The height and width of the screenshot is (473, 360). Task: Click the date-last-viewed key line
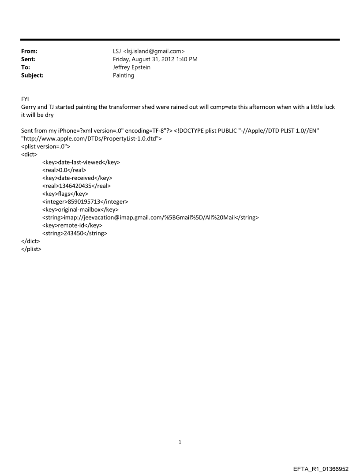[81, 162]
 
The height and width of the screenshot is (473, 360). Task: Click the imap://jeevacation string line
[150, 217]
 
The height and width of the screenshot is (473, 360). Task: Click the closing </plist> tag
[31, 249]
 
